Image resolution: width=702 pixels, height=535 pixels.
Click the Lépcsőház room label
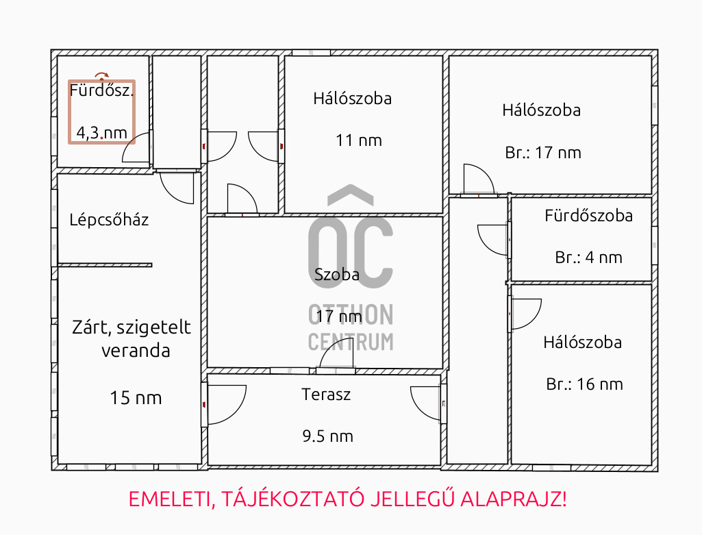tap(109, 219)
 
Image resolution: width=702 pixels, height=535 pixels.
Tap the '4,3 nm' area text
tap(101, 132)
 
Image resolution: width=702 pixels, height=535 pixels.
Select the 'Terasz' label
tap(326, 395)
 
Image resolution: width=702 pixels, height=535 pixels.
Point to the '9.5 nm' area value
tap(328, 436)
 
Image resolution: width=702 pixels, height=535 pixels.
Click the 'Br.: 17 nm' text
tap(543, 153)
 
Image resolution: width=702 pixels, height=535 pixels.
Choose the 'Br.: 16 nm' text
tap(584, 384)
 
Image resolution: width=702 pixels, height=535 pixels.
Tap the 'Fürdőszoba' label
tap(589, 216)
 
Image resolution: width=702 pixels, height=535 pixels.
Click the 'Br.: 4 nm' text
tap(589, 258)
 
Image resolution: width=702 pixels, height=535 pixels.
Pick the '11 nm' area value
tap(359, 140)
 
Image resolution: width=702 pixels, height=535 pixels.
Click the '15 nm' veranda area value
tap(136, 398)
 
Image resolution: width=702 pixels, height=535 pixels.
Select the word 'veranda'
tap(136, 351)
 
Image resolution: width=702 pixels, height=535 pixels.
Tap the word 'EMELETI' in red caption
tap(170, 499)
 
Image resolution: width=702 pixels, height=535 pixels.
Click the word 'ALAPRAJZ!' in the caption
tap(514, 499)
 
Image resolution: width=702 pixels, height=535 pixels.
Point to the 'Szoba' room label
tap(337, 275)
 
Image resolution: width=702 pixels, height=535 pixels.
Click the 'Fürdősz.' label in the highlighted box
tap(101, 90)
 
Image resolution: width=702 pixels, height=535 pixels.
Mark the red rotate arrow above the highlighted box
tap(101, 75)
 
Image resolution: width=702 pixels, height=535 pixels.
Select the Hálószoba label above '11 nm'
tap(352, 99)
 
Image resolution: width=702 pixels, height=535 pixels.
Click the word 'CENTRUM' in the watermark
tap(351, 342)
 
